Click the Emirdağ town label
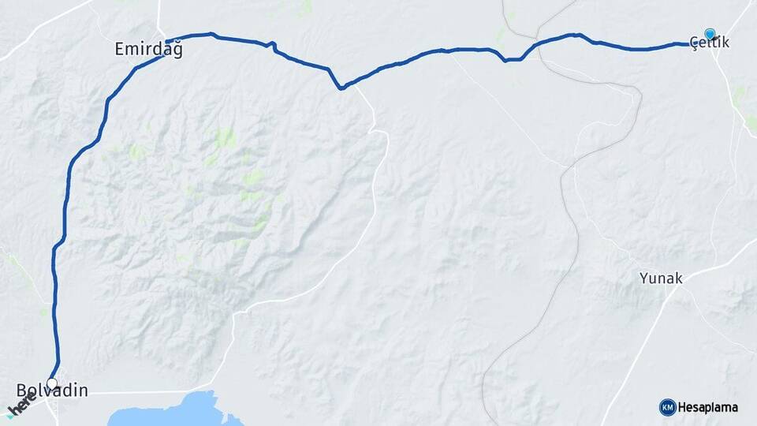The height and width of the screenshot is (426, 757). pos(148,50)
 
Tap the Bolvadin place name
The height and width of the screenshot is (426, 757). pos(52,390)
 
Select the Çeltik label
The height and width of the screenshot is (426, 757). pos(709,43)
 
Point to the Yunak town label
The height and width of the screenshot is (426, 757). pos(661,278)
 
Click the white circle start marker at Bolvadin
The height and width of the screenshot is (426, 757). pos(52,383)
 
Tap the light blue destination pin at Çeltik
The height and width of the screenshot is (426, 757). pos(710,34)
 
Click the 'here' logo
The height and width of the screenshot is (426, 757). pos(22,406)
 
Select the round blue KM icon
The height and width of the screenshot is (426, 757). pos(667,407)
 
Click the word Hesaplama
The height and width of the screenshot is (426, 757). pos(707,408)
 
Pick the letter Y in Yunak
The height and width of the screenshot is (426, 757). pos(643,278)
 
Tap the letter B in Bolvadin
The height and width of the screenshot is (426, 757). pos(21,390)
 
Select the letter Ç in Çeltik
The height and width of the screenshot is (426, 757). pos(694,43)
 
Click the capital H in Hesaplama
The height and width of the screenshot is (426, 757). pos(682,408)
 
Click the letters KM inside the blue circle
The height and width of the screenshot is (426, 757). pos(667,407)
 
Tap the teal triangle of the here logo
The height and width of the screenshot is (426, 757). pos(9,414)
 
